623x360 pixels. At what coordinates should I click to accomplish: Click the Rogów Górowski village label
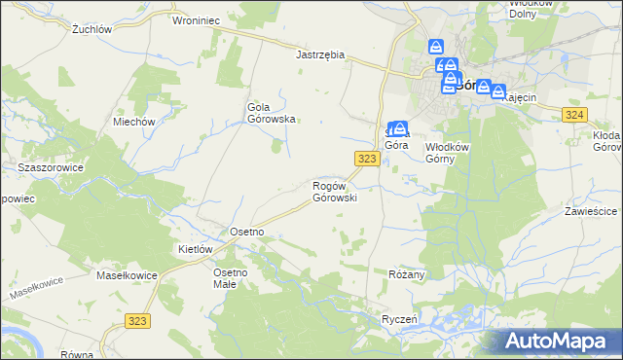pyautogui.click(x=335, y=191)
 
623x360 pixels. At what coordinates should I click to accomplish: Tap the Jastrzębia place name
pyautogui.click(x=320, y=55)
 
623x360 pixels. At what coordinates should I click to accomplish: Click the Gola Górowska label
pyautogui.click(x=272, y=113)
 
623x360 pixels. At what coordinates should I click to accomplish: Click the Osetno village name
pyautogui.click(x=246, y=232)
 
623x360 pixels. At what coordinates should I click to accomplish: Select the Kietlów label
pyautogui.click(x=195, y=249)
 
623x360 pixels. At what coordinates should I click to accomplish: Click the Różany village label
pyautogui.click(x=407, y=275)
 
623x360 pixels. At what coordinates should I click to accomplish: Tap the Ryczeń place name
pyautogui.click(x=399, y=319)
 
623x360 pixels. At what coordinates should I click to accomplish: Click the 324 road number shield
pyautogui.click(x=573, y=115)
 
